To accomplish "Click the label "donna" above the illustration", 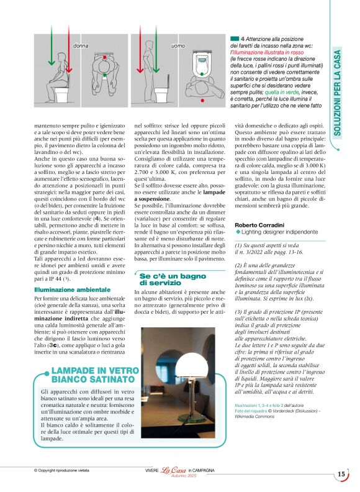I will point(81,47).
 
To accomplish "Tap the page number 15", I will point(341,475).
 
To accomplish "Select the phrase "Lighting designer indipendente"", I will point(271,231).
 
